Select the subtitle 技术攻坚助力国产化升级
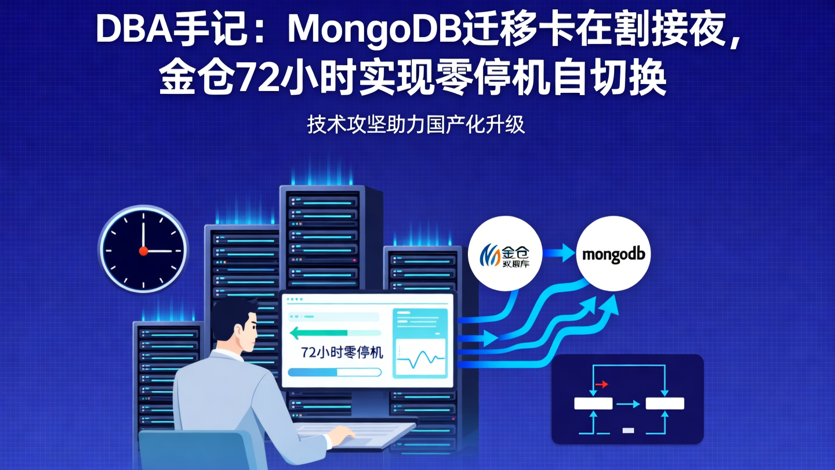point(416,125)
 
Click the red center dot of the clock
point(143,251)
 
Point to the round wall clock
point(143,250)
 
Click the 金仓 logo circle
point(504,254)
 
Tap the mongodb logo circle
point(613,254)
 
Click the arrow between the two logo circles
point(558,254)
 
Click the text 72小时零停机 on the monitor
point(342,352)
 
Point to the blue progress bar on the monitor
point(334,373)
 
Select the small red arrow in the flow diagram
point(601,384)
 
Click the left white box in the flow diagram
point(593,404)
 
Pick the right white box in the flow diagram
point(665,404)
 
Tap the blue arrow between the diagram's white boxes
point(628,404)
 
